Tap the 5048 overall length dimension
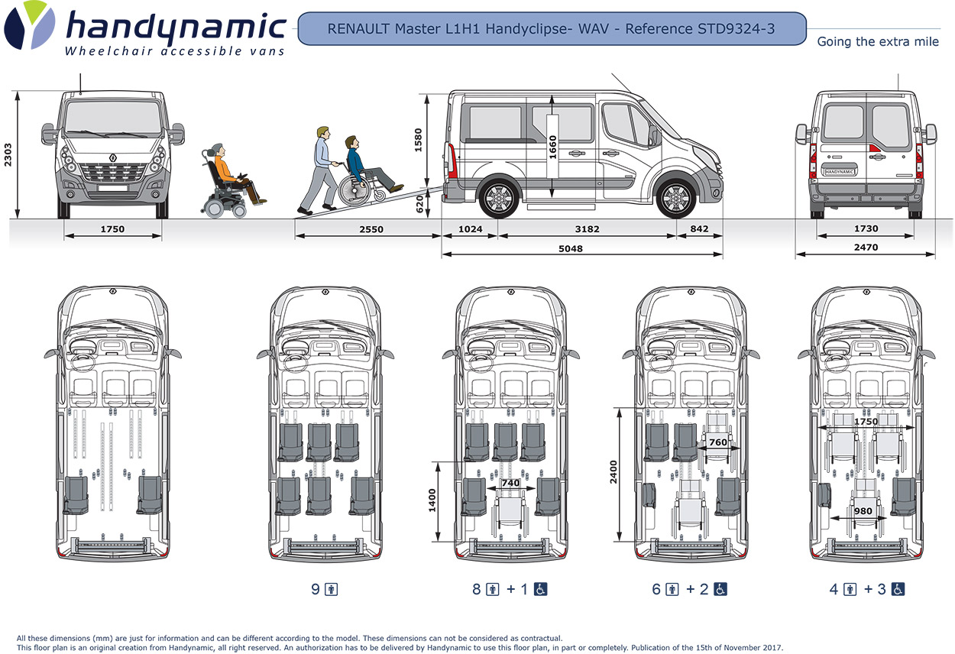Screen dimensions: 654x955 pyautogui.click(x=571, y=248)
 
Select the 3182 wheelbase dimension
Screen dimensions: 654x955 pyautogui.click(x=587, y=229)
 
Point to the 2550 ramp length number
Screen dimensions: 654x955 pyautogui.click(x=371, y=229)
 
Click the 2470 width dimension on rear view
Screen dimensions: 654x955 pyautogui.click(x=866, y=248)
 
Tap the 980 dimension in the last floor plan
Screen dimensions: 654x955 pyautogui.click(x=863, y=511)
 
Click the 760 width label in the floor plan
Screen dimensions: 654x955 pyautogui.click(x=717, y=442)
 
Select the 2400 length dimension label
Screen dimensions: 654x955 pyautogui.click(x=614, y=478)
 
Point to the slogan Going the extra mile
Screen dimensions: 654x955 pyautogui.click(x=878, y=42)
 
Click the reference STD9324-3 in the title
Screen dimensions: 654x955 pyautogui.click(x=736, y=29)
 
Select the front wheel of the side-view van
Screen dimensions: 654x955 pyautogui.click(x=675, y=198)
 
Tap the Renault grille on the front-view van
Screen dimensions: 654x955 pyautogui.click(x=113, y=174)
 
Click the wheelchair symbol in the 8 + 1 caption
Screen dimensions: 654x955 pyautogui.click(x=541, y=589)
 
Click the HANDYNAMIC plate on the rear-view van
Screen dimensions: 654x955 pyautogui.click(x=839, y=172)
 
